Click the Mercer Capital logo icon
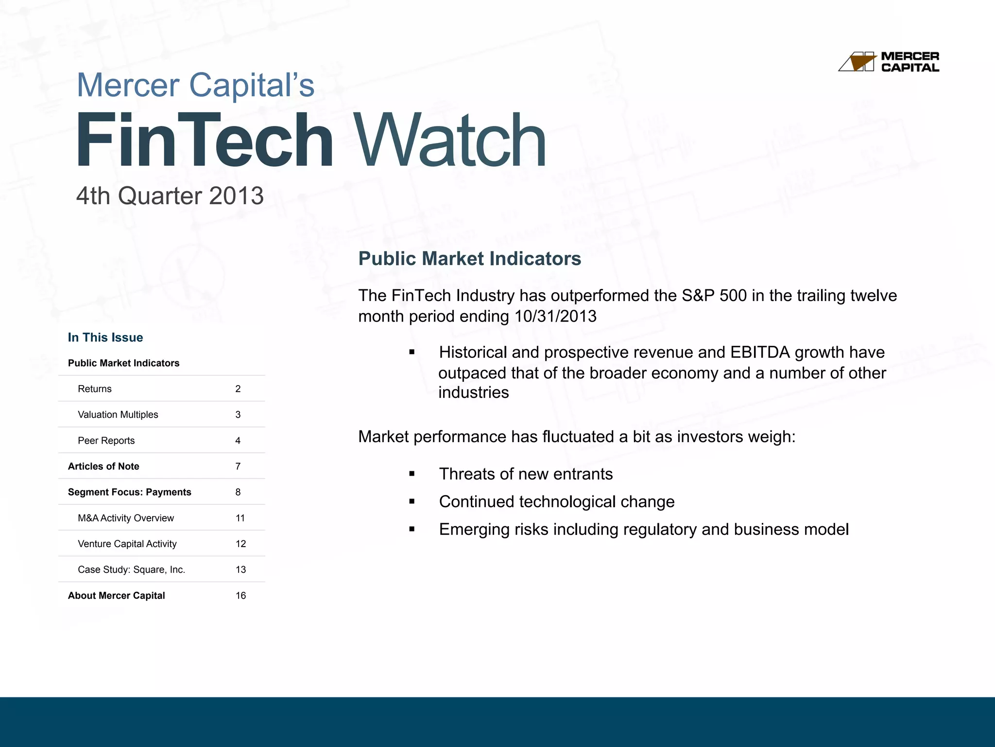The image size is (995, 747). [x=858, y=62]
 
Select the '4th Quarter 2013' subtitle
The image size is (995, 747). [x=170, y=196]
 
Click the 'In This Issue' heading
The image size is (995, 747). [x=105, y=338]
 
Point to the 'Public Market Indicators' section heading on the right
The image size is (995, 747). [x=469, y=259]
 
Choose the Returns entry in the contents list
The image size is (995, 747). [x=95, y=389]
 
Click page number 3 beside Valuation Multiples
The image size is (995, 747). [x=238, y=415]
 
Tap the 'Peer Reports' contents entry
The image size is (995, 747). [x=106, y=441]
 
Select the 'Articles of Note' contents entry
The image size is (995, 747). [x=103, y=466]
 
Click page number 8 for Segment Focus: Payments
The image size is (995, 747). [x=238, y=492]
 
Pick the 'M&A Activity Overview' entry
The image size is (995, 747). [x=125, y=518]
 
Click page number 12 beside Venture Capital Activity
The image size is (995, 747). [x=240, y=544]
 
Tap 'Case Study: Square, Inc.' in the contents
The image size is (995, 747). [x=131, y=569]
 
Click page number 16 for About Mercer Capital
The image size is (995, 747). [x=240, y=596]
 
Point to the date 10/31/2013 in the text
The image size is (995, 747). [x=555, y=317]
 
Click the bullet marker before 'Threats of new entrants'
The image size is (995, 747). [x=412, y=474]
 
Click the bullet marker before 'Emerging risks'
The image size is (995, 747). [x=412, y=529]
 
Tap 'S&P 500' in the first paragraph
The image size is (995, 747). [x=714, y=296]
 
